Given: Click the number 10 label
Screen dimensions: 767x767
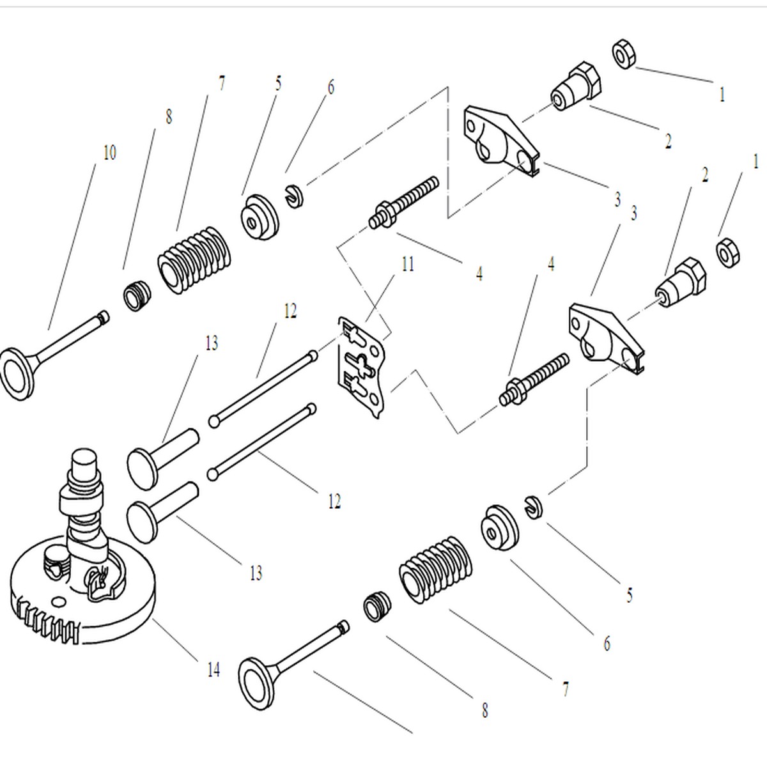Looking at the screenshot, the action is coord(109,153).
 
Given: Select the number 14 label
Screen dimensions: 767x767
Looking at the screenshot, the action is coord(213,670).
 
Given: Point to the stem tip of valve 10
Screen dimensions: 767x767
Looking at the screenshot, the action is coord(104,316).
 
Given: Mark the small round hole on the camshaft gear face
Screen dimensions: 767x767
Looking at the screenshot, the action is coord(59,601).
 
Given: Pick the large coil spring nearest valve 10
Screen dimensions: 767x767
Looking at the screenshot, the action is coord(195,260).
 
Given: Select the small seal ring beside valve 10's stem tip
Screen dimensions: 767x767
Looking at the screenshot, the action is coord(137,296).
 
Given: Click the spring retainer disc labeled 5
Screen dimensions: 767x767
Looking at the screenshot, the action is coord(260,217).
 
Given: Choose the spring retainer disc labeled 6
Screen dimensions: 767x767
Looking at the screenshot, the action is coord(500,528).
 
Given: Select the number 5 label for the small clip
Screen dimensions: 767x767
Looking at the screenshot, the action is coord(630,595).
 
